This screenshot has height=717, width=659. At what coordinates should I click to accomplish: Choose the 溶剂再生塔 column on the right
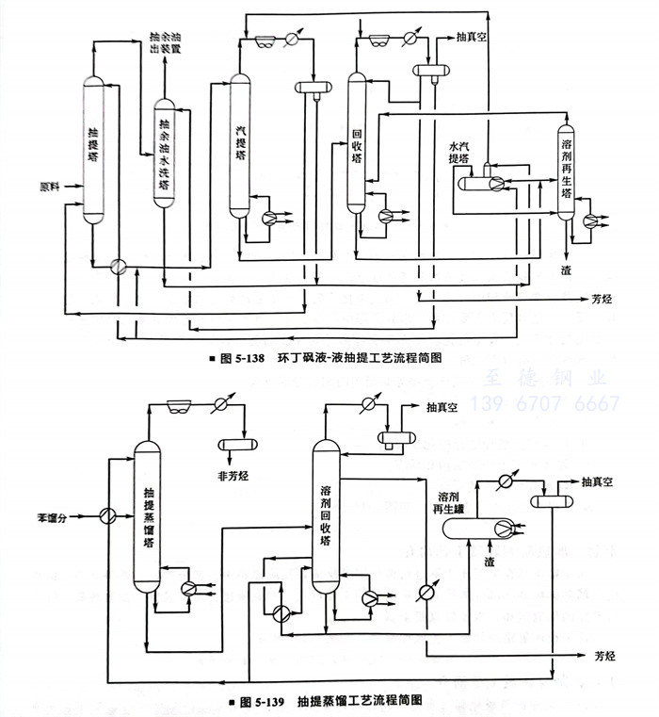(566, 170)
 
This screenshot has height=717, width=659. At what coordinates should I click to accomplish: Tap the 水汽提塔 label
(460, 154)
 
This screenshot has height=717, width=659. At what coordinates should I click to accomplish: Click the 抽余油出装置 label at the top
(165, 41)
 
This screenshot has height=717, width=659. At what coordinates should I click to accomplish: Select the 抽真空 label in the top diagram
(472, 39)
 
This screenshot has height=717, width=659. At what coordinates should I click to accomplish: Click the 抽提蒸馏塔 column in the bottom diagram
(148, 518)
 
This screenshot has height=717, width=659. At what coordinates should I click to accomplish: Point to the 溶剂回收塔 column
(325, 513)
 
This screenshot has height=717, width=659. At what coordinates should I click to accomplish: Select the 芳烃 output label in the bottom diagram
(603, 654)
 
